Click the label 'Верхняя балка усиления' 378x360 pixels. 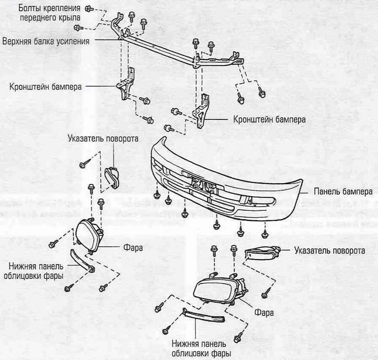[x=46, y=41]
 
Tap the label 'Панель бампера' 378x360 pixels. [x=343, y=192]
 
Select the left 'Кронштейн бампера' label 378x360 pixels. [x=45, y=87]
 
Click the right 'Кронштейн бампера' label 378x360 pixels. [x=269, y=120]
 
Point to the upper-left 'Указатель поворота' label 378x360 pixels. [x=103, y=139]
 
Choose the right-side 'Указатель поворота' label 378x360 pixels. [x=329, y=251]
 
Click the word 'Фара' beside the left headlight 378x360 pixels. [x=133, y=248]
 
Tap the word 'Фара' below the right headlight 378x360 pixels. [x=264, y=313]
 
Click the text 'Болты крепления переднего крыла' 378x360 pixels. [x=50, y=13]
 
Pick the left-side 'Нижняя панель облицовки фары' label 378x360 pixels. [x=33, y=271]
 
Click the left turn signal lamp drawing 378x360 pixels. [x=112, y=177]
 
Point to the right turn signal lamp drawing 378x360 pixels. [x=262, y=253]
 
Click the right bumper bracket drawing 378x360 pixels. [x=201, y=111]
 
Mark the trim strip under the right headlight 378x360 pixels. [x=203, y=315]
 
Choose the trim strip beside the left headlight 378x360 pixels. [x=82, y=261]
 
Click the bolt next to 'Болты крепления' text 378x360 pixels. [x=89, y=9]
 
